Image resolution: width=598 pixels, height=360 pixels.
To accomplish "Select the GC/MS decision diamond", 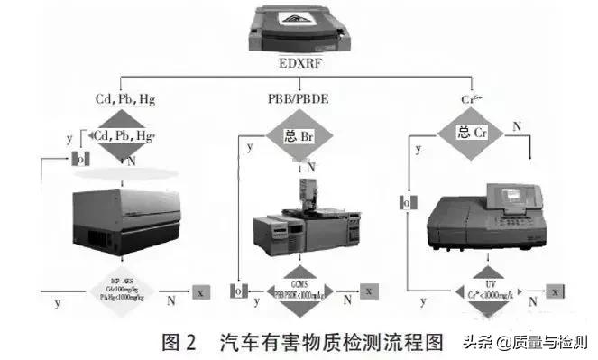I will tap(301, 291).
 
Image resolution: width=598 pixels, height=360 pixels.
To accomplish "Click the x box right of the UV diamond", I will tap(557, 292).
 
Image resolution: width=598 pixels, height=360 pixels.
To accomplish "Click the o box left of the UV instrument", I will tap(406, 202).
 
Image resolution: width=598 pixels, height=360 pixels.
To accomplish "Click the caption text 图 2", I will tap(178, 342).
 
